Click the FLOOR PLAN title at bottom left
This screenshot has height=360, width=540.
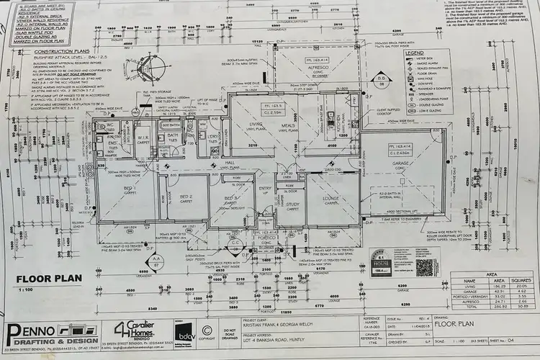[46, 277]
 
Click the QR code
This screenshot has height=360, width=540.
[425, 267]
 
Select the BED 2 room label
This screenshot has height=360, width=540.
[186, 196]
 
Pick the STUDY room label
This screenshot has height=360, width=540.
[292, 204]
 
